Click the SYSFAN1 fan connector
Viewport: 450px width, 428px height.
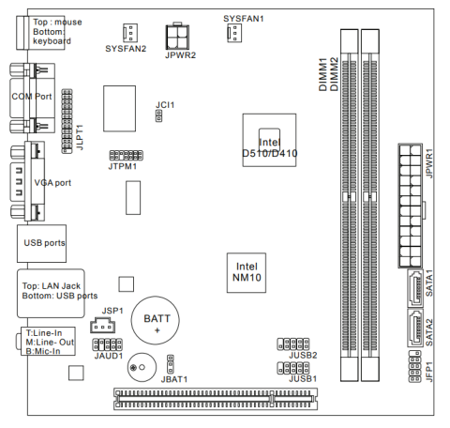pyautogui.click(x=234, y=33)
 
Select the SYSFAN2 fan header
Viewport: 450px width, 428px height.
pyautogui.click(x=130, y=33)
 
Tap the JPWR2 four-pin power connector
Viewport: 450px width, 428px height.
pyautogui.click(x=177, y=36)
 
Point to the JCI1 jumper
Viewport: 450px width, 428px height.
pyautogui.click(x=158, y=115)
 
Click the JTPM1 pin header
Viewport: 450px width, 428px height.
pyautogui.click(x=127, y=155)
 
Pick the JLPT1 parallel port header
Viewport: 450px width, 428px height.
pyautogui.click(x=67, y=121)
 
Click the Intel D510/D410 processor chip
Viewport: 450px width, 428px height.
pyautogui.click(x=269, y=140)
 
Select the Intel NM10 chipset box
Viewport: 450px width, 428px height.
pyautogui.click(x=247, y=273)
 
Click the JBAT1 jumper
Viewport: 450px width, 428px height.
pyautogui.click(x=171, y=364)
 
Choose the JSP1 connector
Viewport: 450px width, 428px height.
pyautogui.click(x=102, y=325)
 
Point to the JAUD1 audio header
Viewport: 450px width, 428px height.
pyautogui.click(x=107, y=344)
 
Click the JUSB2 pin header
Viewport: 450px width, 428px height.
pyautogui.click(x=293, y=344)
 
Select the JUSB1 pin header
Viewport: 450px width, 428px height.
pyautogui.click(x=293, y=368)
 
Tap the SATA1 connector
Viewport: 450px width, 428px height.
pyautogui.click(x=415, y=288)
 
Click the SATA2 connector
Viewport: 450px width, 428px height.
pyautogui.click(x=415, y=328)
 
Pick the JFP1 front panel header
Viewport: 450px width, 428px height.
pyautogui.click(x=414, y=366)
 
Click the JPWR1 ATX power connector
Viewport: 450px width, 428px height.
pyautogui.click(x=411, y=206)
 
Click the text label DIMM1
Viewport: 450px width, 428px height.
pyautogui.click(x=322, y=74)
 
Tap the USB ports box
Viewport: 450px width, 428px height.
pyautogui.click(x=41, y=243)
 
